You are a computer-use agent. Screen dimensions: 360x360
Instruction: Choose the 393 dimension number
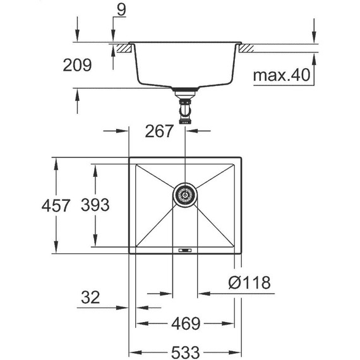(x=95, y=205)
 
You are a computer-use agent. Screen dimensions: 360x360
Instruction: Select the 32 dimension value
(x=90, y=296)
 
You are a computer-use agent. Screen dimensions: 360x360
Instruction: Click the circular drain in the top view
(x=184, y=195)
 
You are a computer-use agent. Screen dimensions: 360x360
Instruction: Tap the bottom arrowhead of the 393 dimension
(x=95, y=245)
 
